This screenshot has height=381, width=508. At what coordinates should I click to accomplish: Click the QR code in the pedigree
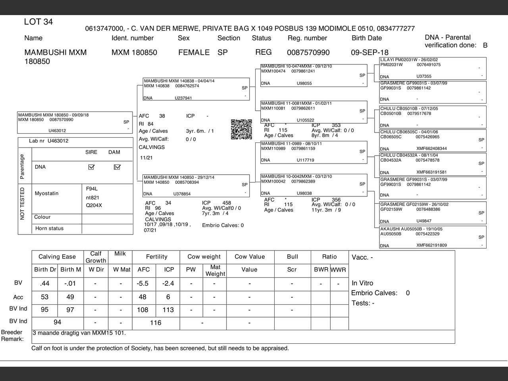click(x=241, y=129)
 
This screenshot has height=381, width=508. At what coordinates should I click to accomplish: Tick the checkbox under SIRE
click(x=91, y=167)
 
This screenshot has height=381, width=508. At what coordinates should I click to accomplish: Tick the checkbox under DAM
click(x=117, y=167)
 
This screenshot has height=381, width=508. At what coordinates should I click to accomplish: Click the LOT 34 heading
click(x=38, y=22)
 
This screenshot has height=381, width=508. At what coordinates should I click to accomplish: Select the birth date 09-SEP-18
click(x=369, y=52)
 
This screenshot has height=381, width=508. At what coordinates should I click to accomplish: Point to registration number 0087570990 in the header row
click(x=308, y=52)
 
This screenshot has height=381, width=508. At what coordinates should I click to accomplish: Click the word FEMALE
click(x=194, y=52)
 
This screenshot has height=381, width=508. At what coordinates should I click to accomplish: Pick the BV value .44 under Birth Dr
click(x=45, y=283)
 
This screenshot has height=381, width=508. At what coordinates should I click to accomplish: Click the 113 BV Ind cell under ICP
click(x=168, y=310)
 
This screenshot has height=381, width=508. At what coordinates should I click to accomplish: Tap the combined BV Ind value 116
click(x=156, y=323)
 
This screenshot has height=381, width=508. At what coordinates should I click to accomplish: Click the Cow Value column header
click(x=249, y=257)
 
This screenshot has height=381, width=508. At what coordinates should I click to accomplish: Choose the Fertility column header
click(x=157, y=257)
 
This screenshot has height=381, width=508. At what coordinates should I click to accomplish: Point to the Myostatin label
click(x=46, y=193)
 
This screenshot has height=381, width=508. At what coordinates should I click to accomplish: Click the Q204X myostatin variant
click(x=94, y=206)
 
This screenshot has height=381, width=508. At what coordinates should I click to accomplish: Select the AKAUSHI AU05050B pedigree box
click(x=432, y=237)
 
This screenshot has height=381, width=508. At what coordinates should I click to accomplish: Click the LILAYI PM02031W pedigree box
click(x=432, y=68)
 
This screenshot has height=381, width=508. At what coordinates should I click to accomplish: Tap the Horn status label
click(x=49, y=228)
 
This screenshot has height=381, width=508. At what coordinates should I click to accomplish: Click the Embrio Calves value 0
click(x=408, y=293)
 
